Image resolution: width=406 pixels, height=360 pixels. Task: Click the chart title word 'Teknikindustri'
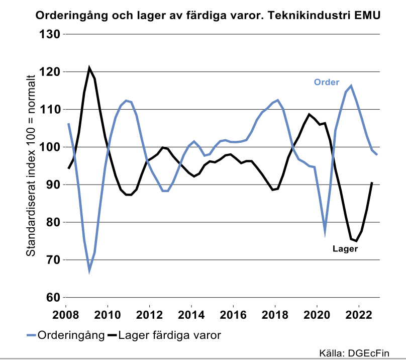click(311, 16)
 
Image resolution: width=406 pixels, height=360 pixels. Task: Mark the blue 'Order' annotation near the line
click(327, 82)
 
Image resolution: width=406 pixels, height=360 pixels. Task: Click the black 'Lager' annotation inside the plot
click(345, 248)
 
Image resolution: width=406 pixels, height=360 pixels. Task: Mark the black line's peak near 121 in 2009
click(89, 67)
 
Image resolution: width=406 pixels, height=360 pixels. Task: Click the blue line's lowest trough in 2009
click(89, 271)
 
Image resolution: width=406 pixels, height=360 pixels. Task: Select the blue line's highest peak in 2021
click(351, 86)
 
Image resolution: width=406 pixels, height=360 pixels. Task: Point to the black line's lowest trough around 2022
click(356, 241)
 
